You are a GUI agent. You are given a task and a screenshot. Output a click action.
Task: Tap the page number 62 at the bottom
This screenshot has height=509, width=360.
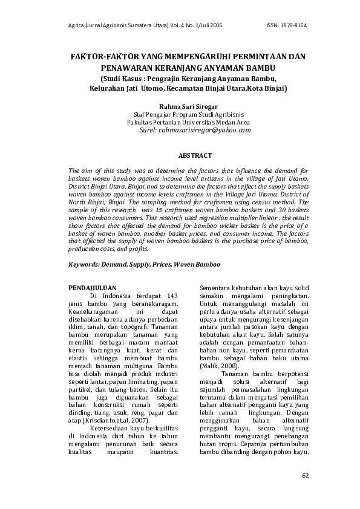click(x=305, y=475)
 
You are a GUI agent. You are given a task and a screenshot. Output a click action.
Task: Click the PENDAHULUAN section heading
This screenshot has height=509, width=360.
click(x=92, y=288)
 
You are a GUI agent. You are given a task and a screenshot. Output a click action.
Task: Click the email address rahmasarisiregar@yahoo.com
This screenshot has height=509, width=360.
click(x=204, y=129)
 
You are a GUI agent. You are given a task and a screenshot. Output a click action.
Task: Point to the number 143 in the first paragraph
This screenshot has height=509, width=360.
click(x=172, y=296)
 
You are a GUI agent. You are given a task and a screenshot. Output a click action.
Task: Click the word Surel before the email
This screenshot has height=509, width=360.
click(x=148, y=129)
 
